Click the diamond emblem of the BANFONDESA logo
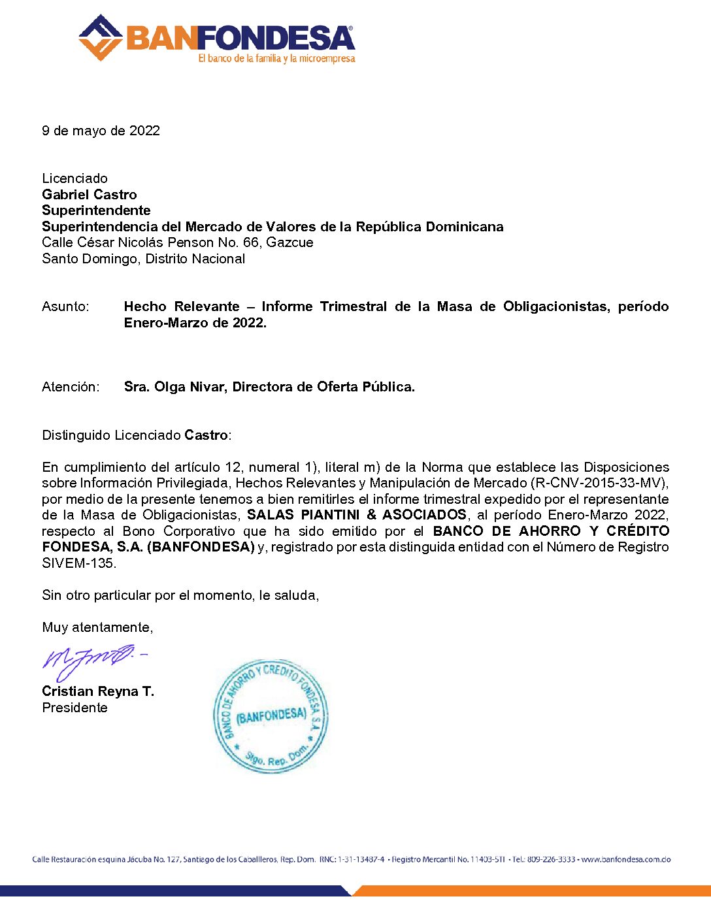(x=100, y=38)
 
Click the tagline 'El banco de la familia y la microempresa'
(x=276, y=59)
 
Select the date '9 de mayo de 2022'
(x=101, y=131)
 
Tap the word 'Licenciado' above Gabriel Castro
(x=74, y=178)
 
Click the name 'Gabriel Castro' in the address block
(x=90, y=195)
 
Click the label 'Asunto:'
(x=65, y=306)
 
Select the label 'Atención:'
(x=71, y=387)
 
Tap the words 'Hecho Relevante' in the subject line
(x=182, y=306)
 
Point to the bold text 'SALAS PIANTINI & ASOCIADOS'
(x=357, y=515)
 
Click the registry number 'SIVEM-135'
(x=78, y=563)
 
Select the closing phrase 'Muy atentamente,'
(x=97, y=627)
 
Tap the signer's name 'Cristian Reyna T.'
(x=98, y=691)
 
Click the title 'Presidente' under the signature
(x=74, y=708)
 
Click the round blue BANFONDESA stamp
(x=271, y=716)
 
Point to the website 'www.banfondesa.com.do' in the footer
(x=626, y=859)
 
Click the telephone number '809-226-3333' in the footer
(x=551, y=859)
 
